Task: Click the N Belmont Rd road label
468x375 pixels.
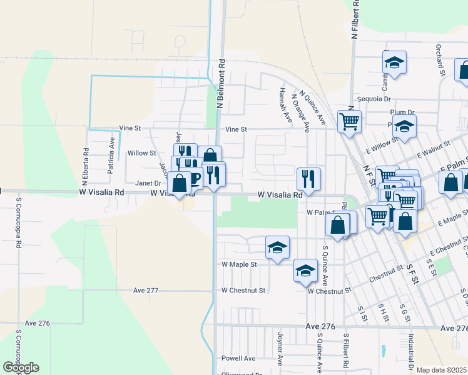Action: [221, 84]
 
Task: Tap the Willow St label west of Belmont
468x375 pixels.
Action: [141, 153]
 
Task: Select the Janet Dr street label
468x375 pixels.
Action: [148, 183]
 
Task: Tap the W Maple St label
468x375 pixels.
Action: [239, 264]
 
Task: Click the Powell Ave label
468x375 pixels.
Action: [238, 359]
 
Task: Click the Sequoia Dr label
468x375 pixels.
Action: [374, 99]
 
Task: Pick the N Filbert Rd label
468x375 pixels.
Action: [355, 20]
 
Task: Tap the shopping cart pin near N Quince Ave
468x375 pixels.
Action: [349, 121]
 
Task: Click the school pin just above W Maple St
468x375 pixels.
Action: [277, 247]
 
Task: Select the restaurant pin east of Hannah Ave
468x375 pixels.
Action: [308, 178]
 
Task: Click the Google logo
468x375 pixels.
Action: [21, 367]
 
